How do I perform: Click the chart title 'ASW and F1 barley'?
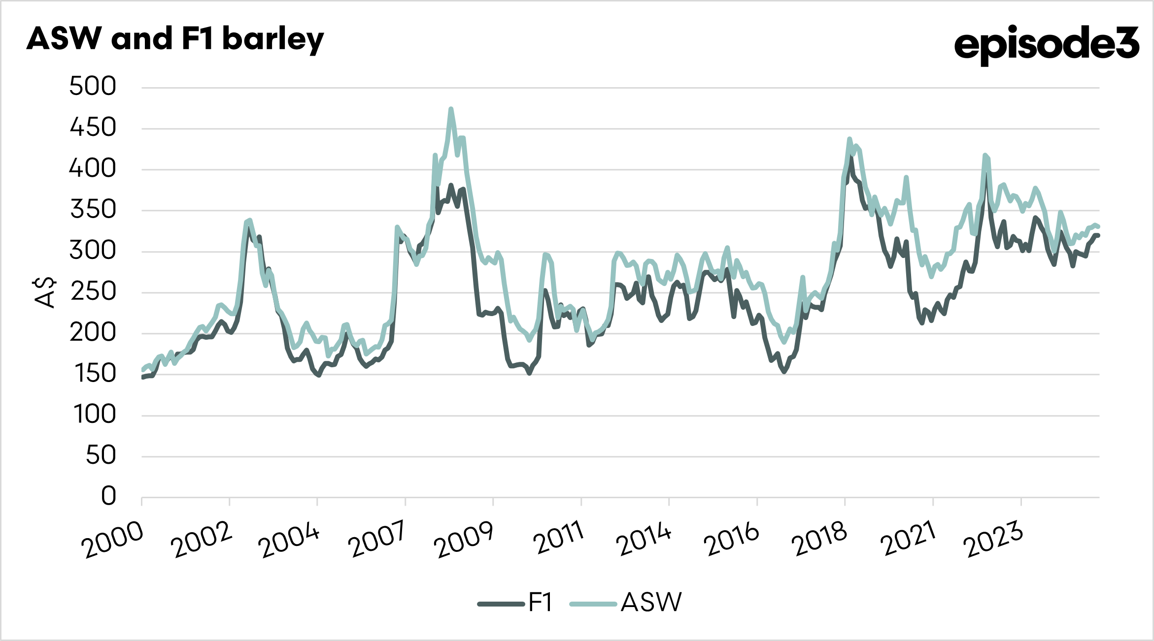[175, 39]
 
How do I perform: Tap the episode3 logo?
[1046, 44]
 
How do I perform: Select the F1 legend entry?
[515, 603]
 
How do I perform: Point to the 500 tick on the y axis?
[93, 87]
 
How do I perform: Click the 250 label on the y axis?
[93, 292]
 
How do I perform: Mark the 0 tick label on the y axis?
[108, 496]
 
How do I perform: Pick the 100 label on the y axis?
[94, 415]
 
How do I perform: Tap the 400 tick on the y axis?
[92, 169]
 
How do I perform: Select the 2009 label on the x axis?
[464, 540]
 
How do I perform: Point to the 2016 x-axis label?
[731, 540]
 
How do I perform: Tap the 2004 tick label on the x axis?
[289, 540]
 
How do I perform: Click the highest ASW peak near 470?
[451, 109]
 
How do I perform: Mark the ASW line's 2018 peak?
[849, 139]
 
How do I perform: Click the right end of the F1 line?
[1098, 235]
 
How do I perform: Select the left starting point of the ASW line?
[142, 370]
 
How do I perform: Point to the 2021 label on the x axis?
[908, 539]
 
